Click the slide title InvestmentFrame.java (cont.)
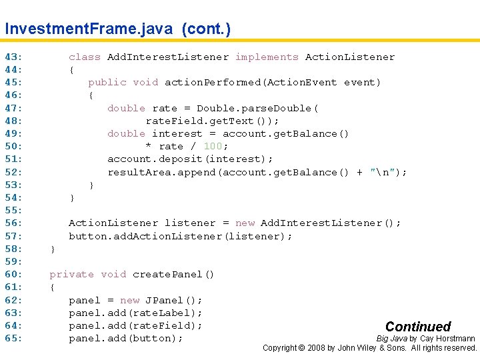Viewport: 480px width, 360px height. (117, 29)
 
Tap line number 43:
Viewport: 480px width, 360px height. (13, 57)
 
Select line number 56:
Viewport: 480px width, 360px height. (13, 223)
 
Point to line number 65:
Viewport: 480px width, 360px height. (13, 339)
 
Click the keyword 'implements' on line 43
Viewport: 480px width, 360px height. (267, 57)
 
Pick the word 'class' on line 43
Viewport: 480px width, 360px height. (85, 57)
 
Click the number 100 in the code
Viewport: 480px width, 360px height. (213, 147)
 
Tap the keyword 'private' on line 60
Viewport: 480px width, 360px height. (71, 275)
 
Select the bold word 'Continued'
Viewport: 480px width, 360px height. (418, 327)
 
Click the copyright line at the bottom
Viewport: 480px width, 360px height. (370, 348)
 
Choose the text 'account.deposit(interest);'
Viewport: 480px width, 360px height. (191, 159)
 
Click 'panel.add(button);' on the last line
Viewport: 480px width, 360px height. (126, 339)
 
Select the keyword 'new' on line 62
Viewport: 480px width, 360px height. (129, 300)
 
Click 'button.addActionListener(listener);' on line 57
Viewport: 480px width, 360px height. (181, 237)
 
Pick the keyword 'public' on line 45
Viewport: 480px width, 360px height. (107, 83)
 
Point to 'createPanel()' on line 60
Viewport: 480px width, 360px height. (173, 275)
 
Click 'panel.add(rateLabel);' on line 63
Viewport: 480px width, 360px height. (135, 313)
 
